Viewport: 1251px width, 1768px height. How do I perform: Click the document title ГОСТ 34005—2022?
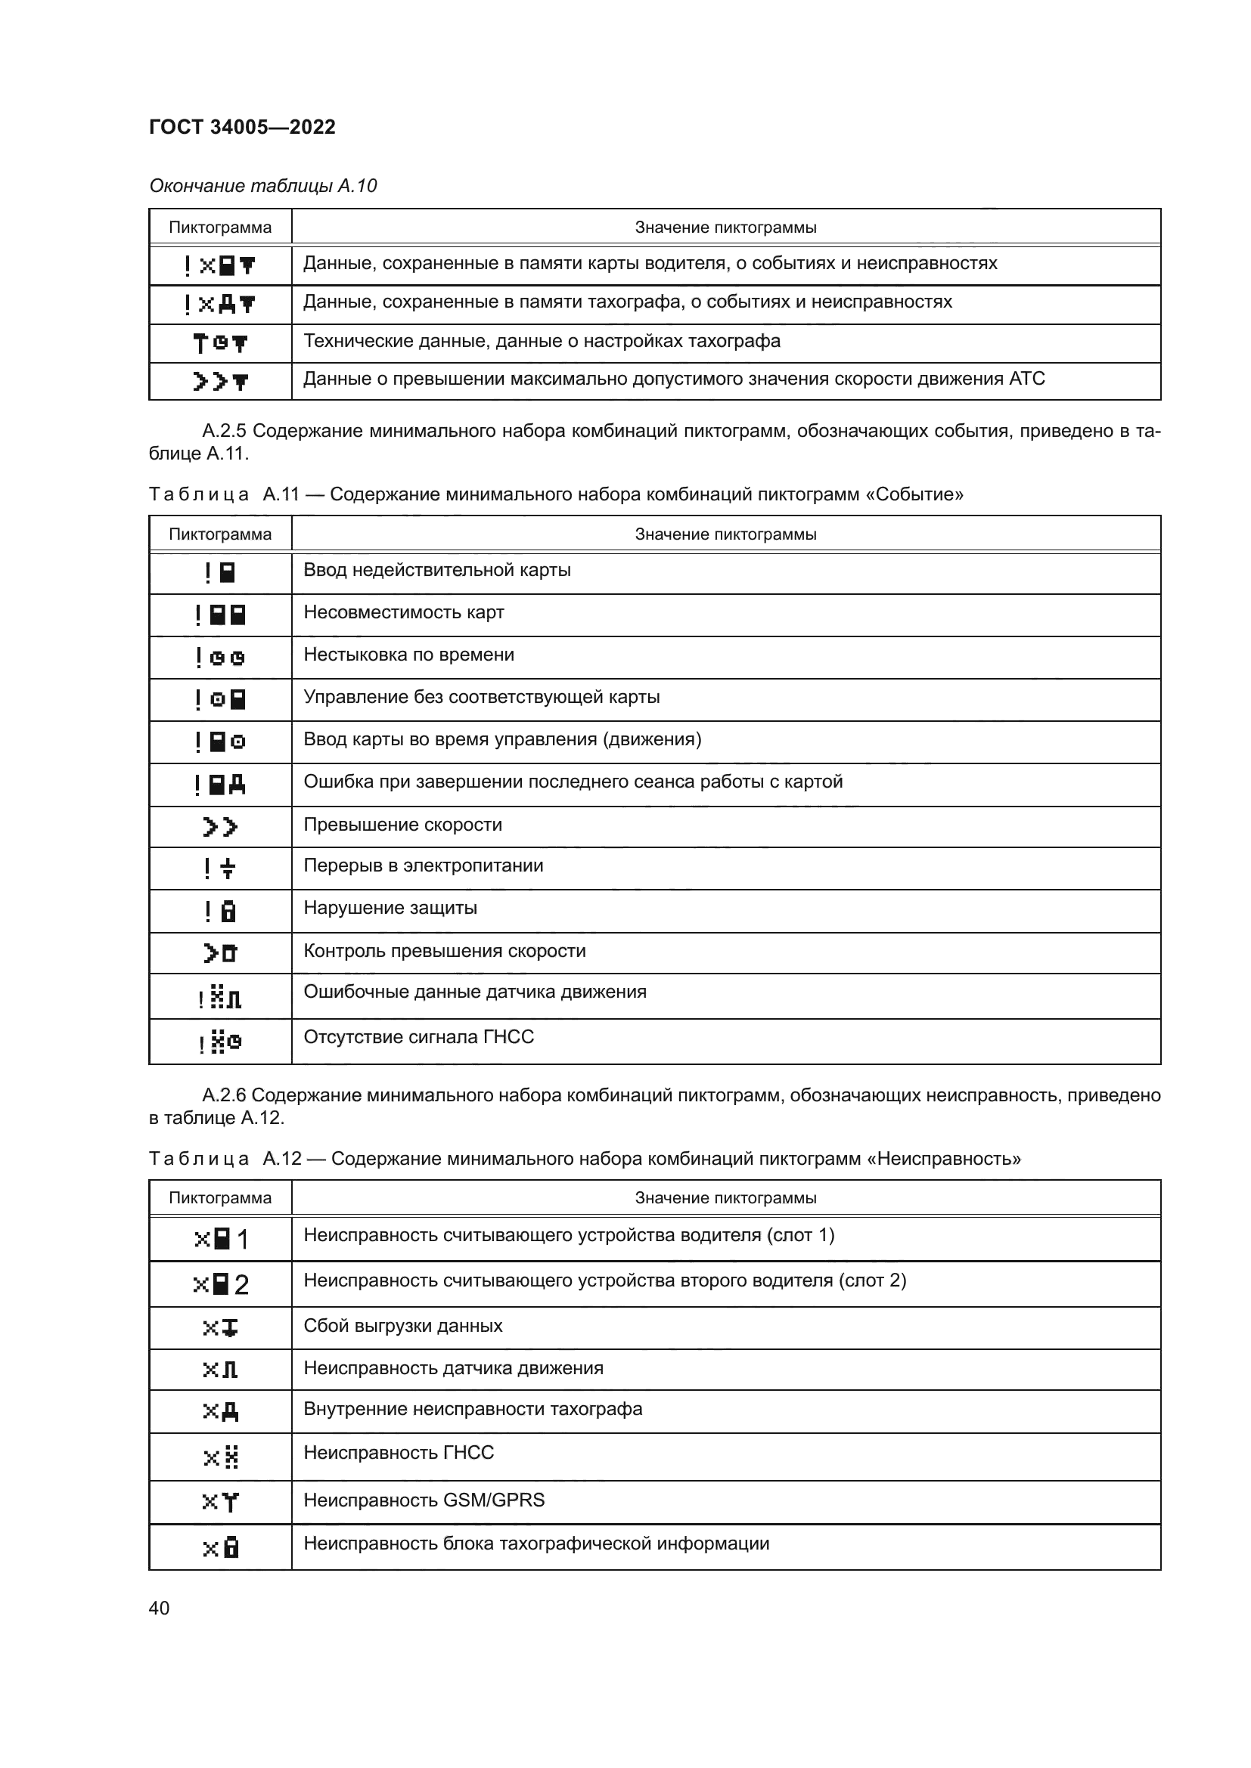tap(242, 127)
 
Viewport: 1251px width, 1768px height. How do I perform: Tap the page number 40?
tap(159, 1608)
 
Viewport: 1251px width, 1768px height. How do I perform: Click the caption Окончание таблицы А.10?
tap(262, 186)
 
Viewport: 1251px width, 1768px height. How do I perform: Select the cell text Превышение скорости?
tap(402, 824)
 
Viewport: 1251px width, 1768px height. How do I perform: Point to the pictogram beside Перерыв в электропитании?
tap(219, 869)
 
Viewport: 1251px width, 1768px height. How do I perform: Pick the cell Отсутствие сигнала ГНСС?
tap(418, 1036)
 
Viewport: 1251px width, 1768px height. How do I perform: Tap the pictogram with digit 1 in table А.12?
tap(220, 1239)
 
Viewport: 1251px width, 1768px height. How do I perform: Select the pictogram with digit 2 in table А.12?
tap(220, 1284)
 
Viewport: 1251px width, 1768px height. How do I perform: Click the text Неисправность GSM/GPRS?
tap(424, 1499)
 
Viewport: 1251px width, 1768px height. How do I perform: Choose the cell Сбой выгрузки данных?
tap(403, 1325)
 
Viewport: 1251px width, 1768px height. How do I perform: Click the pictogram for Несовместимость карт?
tap(220, 615)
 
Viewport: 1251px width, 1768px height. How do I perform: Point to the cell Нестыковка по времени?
tap(408, 655)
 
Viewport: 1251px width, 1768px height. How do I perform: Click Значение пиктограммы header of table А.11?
tap(725, 534)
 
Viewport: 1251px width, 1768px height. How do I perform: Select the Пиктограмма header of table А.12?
tap(219, 1197)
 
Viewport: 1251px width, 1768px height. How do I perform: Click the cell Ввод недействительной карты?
tap(436, 570)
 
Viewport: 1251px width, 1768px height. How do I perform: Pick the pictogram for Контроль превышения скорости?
tap(220, 953)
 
